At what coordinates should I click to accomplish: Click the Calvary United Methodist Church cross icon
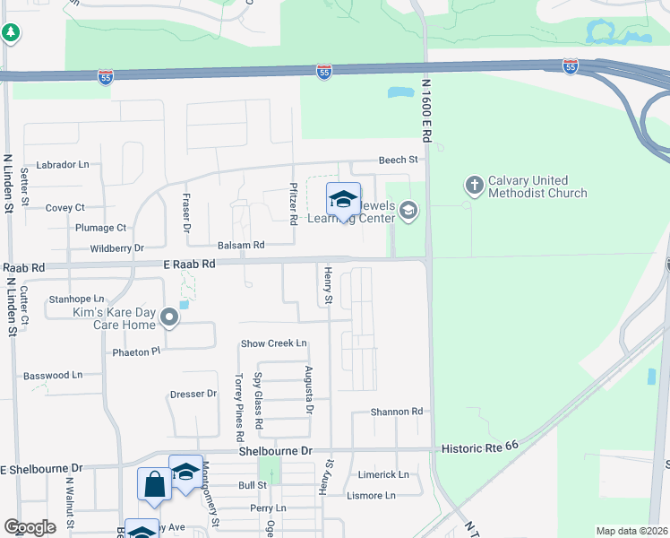coord(474,185)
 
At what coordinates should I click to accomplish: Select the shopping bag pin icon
coord(154,484)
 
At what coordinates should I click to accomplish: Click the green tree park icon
coord(11,33)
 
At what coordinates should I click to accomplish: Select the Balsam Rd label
coord(241,245)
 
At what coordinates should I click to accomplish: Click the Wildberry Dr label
coord(116,247)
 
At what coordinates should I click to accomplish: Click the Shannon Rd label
coord(397,412)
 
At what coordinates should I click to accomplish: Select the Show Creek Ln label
coord(274,343)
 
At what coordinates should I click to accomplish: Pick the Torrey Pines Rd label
coord(240,408)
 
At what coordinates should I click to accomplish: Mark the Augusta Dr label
coord(309,390)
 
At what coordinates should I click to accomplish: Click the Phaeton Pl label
coord(136,351)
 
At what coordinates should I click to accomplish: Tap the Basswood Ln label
coord(52,375)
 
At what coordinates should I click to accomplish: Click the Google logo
coord(30,527)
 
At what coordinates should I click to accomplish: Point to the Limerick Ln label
coord(383,474)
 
